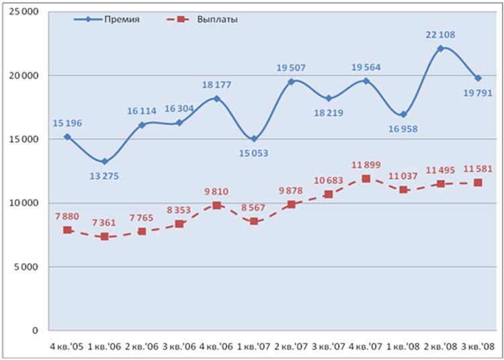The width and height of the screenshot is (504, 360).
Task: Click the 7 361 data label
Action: click(x=104, y=222)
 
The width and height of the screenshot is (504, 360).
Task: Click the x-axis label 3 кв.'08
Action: click(x=478, y=346)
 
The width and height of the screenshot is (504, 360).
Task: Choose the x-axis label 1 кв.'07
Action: click(x=253, y=346)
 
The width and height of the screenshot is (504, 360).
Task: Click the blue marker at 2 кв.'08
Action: click(x=440, y=48)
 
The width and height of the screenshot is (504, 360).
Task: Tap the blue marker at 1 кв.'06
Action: click(x=104, y=161)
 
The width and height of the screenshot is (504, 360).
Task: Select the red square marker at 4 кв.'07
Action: click(x=366, y=179)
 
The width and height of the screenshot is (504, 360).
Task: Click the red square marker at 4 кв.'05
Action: click(x=67, y=230)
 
